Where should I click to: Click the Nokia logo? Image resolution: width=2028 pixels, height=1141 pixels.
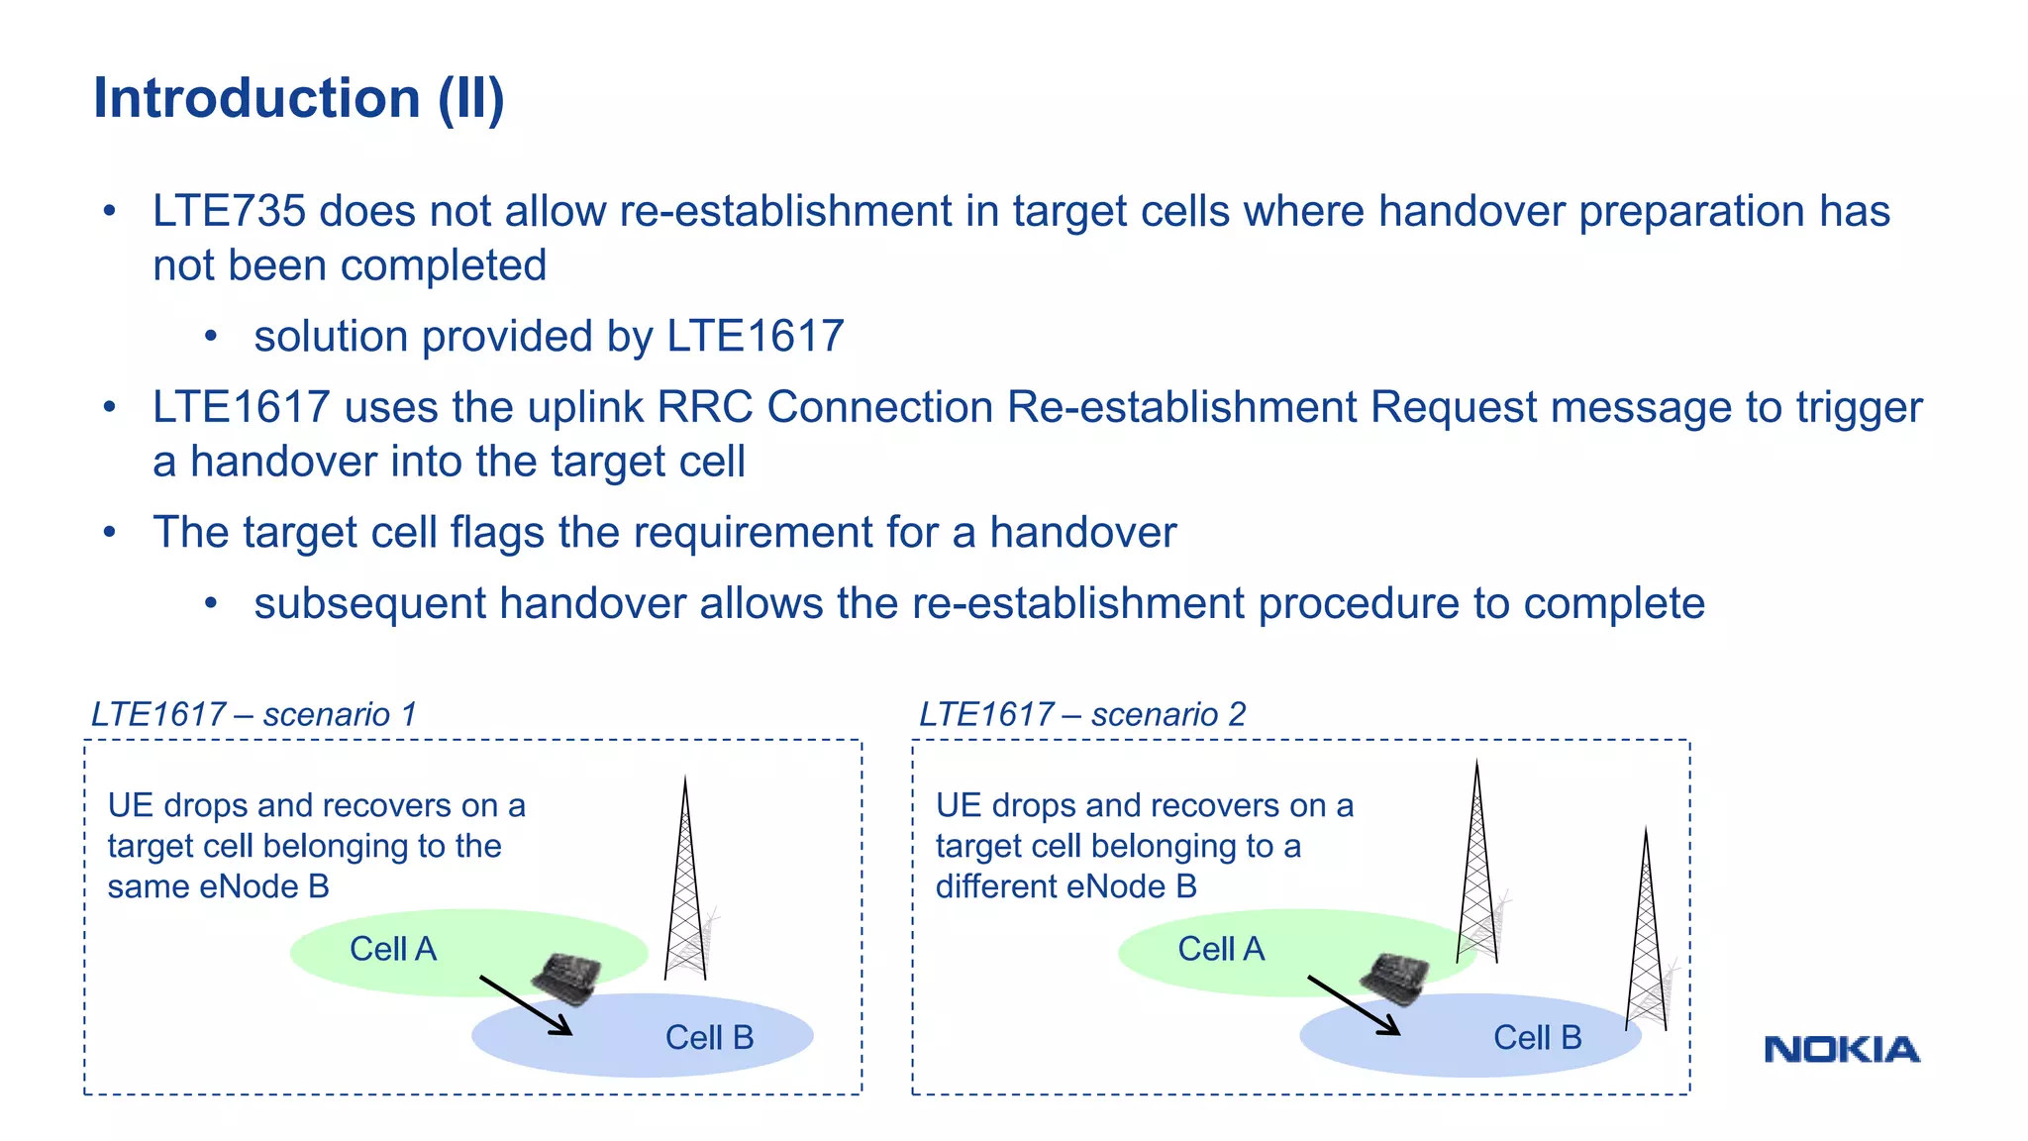pyautogui.click(x=1841, y=1050)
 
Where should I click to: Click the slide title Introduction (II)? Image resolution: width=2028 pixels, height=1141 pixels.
pyautogui.click(x=299, y=98)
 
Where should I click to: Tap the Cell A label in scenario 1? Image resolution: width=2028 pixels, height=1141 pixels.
pyautogui.click(x=393, y=949)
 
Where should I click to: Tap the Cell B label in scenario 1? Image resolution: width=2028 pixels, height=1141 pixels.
pyautogui.click(x=709, y=1037)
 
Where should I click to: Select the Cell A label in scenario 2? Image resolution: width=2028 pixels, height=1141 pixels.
pyautogui.click(x=1221, y=949)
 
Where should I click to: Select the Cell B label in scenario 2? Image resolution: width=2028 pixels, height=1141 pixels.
pyautogui.click(x=1537, y=1037)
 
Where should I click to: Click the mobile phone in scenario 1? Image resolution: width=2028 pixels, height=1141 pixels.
pyautogui.click(x=567, y=977)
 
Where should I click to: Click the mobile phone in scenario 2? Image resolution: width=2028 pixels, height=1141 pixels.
pyautogui.click(x=1395, y=977)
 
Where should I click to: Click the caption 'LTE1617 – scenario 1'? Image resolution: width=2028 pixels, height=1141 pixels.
pyautogui.click(x=254, y=714)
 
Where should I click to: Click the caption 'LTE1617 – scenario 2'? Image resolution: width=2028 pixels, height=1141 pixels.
pyautogui.click(x=1082, y=714)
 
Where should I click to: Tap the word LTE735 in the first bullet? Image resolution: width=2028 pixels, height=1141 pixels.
pyautogui.click(x=229, y=211)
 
